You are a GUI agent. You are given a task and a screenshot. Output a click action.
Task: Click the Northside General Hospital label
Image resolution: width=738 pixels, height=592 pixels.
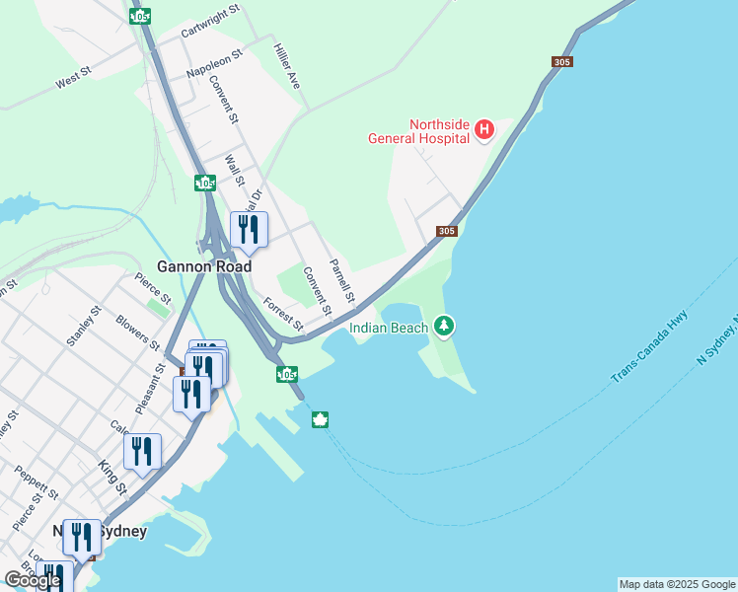(x=418, y=131)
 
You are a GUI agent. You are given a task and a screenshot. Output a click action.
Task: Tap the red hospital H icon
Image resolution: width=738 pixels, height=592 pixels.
(x=484, y=129)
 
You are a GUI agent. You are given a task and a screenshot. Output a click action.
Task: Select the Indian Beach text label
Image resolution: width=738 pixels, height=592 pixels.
(x=389, y=328)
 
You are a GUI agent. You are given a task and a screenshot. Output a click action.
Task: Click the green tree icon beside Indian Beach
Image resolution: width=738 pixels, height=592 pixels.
(x=444, y=325)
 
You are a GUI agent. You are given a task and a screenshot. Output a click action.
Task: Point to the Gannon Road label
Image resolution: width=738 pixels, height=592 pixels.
(x=204, y=266)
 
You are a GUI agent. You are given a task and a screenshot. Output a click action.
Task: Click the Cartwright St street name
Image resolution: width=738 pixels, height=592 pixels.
(x=211, y=23)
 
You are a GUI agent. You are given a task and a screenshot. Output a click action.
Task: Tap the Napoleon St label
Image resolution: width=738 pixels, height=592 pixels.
(x=213, y=64)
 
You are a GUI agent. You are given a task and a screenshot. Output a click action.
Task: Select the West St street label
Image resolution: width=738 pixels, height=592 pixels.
(x=73, y=78)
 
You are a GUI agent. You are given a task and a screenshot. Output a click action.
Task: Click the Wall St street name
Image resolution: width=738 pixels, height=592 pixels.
(x=234, y=170)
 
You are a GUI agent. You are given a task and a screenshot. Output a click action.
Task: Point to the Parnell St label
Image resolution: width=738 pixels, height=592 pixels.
(x=341, y=281)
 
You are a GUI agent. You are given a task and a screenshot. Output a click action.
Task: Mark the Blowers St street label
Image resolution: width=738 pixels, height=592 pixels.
(x=137, y=333)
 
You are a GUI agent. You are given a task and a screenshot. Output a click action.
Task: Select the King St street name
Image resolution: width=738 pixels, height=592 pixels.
(x=112, y=477)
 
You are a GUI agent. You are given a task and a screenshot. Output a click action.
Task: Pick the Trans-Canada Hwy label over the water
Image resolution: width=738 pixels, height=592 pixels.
(x=648, y=346)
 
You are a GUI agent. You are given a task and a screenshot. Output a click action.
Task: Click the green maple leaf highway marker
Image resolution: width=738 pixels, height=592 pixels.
(x=320, y=420)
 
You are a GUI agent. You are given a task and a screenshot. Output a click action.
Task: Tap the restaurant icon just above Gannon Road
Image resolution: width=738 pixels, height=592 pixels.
(x=247, y=229)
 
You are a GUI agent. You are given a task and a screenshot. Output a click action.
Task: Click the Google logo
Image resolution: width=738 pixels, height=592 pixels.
(x=32, y=580)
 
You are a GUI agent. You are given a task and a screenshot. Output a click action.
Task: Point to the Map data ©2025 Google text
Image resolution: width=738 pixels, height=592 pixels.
(x=677, y=584)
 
